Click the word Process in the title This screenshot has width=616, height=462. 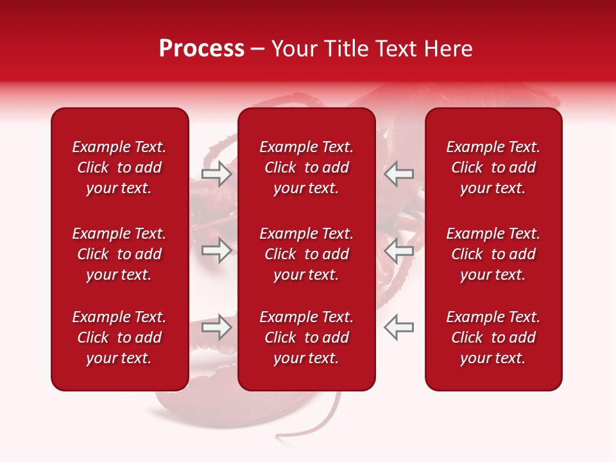coord(201,49)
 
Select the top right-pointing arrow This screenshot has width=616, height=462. coord(216,174)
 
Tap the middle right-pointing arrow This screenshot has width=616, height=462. coord(216,250)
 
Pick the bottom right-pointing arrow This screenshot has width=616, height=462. coord(216,327)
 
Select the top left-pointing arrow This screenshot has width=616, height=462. coord(398,174)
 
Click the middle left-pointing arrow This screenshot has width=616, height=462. coord(398,250)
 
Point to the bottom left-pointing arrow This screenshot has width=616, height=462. coord(398,327)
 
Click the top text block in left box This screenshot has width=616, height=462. coord(119,167)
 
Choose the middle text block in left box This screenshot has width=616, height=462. coord(119,254)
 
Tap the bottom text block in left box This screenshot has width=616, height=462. coord(119,338)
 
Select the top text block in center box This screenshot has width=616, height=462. coord(306,167)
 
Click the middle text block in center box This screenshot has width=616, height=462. coord(306,254)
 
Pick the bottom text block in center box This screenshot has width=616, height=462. coord(306,338)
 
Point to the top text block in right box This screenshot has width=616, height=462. coord(493,167)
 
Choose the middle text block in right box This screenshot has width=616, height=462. coord(493,254)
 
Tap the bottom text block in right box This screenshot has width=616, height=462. coord(493,338)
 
